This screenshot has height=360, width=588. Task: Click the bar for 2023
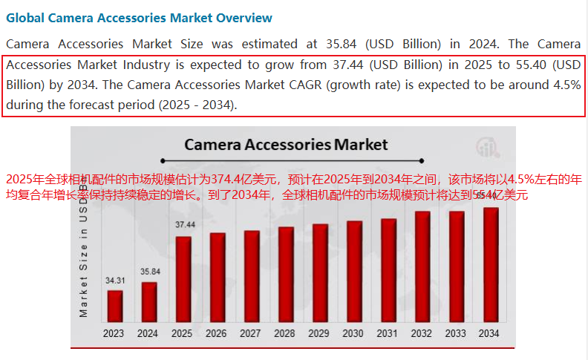(x=114, y=305)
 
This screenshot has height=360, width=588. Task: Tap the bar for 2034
(x=489, y=264)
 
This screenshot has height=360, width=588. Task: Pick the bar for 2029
(x=319, y=272)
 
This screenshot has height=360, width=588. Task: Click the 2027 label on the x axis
(x=251, y=334)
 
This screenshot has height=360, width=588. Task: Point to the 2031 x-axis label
(x=388, y=334)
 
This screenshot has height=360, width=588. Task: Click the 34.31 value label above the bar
(x=114, y=281)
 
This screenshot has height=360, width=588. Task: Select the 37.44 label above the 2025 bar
(x=185, y=224)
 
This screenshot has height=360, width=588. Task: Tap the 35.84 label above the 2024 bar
(x=149, y=272)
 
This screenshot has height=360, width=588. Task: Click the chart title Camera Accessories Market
(x=286, y=144)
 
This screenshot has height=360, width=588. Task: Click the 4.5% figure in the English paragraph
(x=566, y=85)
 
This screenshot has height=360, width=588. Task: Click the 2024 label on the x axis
(x=148, y=334)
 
